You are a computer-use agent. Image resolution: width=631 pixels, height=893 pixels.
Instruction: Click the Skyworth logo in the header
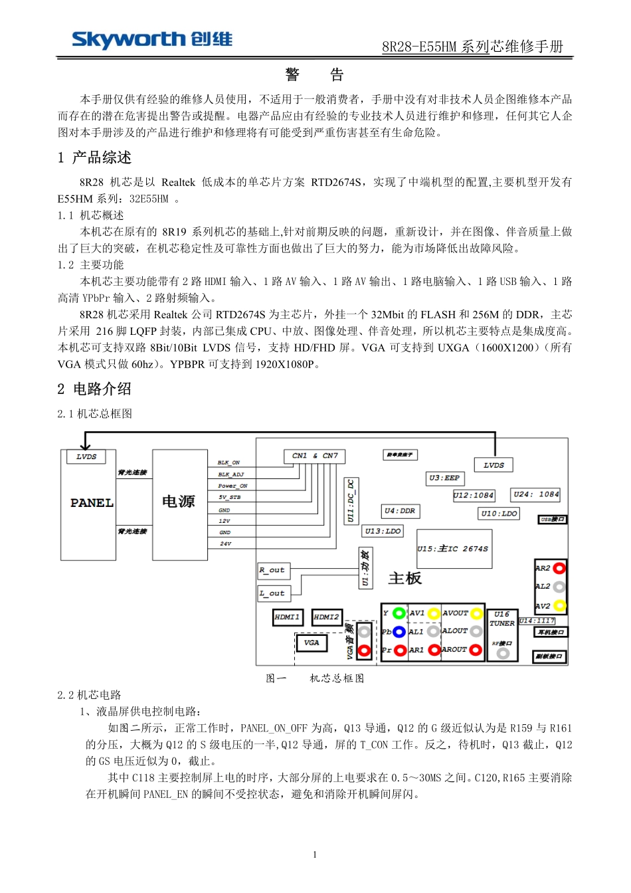152,40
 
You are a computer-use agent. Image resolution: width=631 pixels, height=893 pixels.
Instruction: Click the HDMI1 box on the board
288,617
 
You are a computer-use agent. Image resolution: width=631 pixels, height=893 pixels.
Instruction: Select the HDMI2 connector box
327,617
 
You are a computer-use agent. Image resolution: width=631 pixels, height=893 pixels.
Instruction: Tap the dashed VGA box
312,643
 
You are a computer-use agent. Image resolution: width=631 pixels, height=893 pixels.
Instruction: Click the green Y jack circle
399,613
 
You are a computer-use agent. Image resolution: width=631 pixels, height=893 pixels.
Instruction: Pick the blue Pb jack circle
399,632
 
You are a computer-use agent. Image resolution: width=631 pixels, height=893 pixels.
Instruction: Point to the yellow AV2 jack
559,606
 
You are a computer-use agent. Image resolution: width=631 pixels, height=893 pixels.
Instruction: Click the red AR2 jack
559,568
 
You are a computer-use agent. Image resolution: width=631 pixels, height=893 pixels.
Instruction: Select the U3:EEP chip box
444,478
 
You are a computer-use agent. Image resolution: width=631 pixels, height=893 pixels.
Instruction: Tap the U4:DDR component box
400,511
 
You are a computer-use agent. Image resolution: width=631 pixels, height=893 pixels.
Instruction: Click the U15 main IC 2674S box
454,549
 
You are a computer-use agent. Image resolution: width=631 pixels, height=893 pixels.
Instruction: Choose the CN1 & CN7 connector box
315,456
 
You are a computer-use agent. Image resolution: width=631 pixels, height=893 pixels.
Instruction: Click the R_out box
272,570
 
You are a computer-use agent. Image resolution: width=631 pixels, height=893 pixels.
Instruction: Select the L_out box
272,593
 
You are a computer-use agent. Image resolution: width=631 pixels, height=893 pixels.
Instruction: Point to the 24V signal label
226,544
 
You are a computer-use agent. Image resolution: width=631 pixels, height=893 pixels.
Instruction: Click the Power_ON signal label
232,486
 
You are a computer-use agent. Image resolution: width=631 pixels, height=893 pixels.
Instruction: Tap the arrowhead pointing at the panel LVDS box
85,447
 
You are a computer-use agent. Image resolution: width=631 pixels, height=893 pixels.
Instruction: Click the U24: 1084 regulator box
536,494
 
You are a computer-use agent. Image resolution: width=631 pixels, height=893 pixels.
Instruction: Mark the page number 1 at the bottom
315,854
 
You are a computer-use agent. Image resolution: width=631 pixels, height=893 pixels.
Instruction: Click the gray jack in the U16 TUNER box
502,653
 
